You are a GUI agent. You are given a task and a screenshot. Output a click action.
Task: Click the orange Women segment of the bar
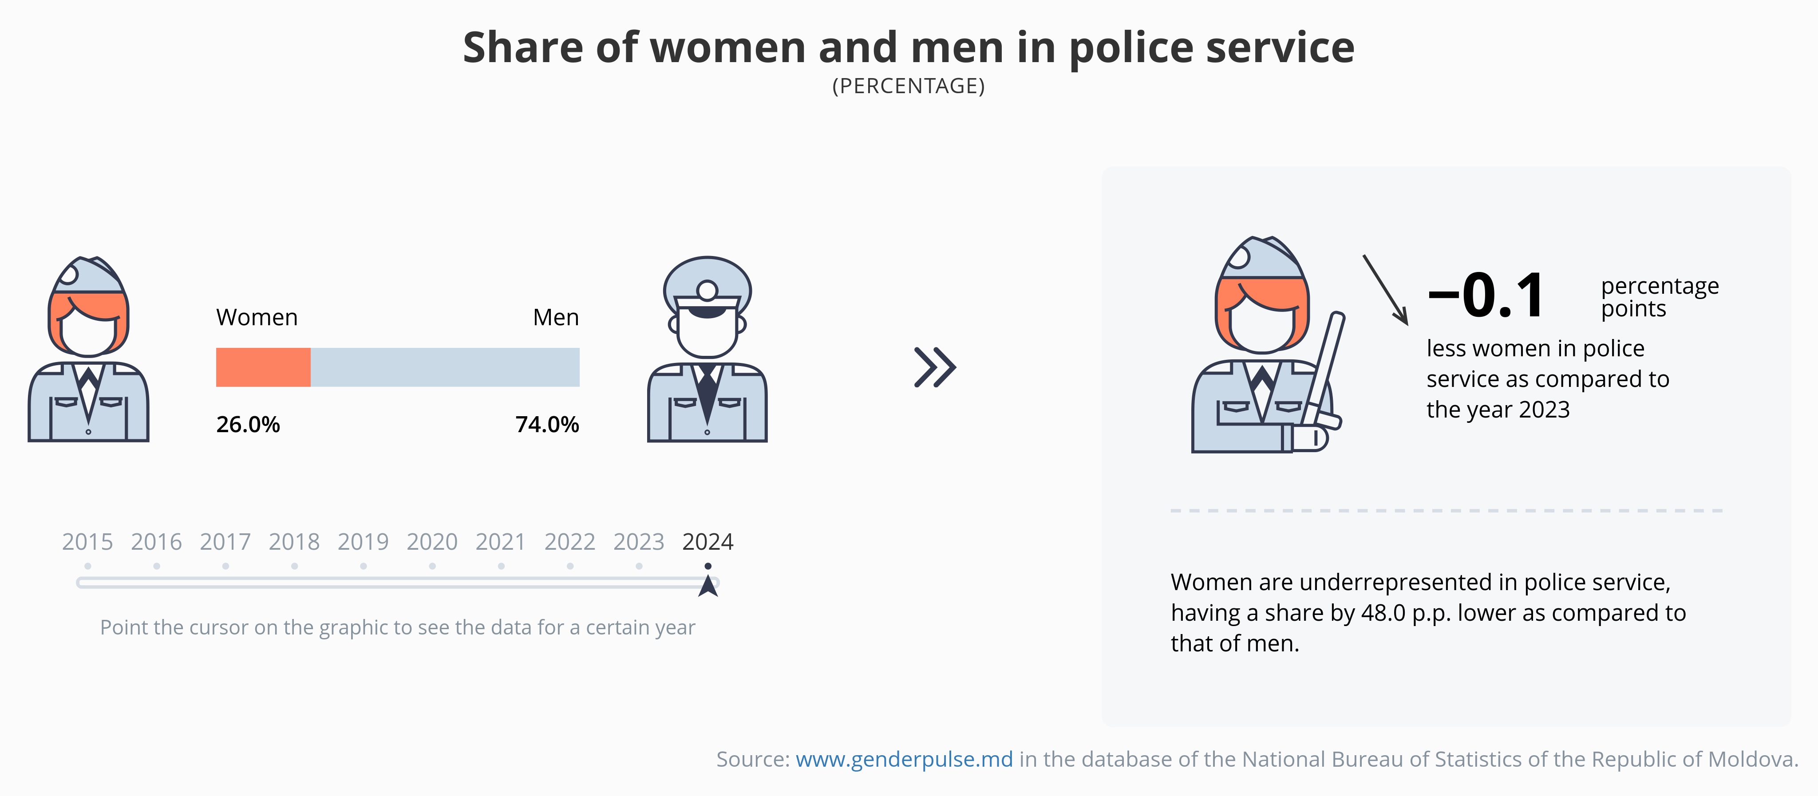coord(263,367)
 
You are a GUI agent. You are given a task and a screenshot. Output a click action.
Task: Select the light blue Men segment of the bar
coord(445,367)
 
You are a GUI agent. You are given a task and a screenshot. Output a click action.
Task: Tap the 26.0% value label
coord(248,424)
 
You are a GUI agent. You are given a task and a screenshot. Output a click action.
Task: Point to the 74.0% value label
coord(547,424)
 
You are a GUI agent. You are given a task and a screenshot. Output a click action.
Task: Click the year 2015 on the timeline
coord(87,542)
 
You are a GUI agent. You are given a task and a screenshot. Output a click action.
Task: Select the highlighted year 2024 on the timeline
coord(708,542)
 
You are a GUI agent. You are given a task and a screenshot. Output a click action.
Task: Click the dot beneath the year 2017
coord(225,566)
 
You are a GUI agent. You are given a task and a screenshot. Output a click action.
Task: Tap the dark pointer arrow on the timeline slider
coord(708,587)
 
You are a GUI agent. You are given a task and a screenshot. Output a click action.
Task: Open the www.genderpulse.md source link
coord(904,759)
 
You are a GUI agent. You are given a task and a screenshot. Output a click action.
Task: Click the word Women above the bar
coord(257,318)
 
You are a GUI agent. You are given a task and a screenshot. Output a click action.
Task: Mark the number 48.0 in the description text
coord(1383,612)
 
